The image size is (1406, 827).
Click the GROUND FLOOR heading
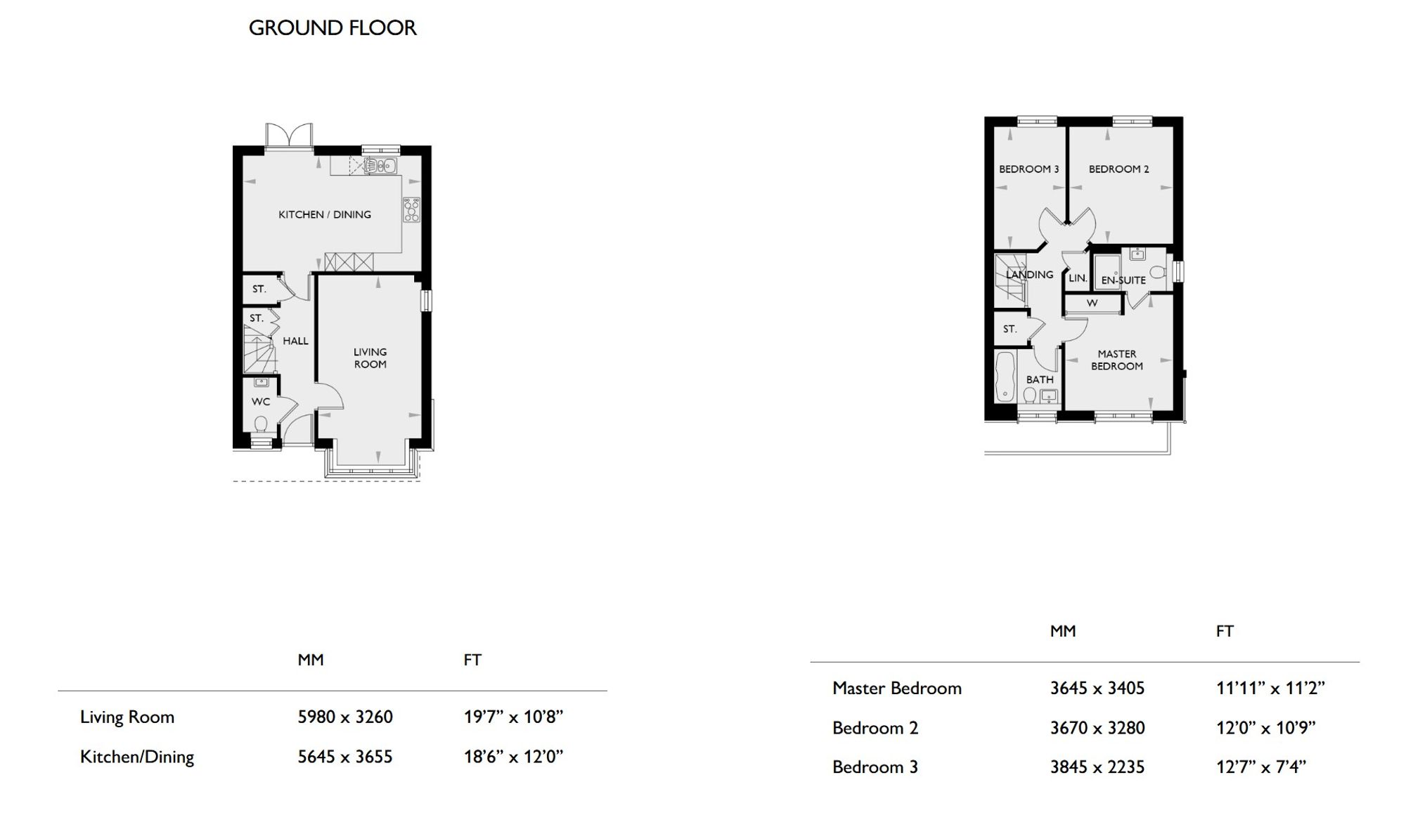(x=333, y=28)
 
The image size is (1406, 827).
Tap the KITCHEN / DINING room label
(x=325, y=214)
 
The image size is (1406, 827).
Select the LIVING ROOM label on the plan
(x=370, y=358)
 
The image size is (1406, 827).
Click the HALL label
(x=295, y=341)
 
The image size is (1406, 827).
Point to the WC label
(x=261, y=402)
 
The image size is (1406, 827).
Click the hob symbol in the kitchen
(x=411, y=210)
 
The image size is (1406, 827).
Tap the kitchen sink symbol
(x=380, y=166)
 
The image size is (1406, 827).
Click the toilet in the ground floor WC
(x=261, y=424)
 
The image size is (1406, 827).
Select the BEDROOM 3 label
(x=1029, y=169)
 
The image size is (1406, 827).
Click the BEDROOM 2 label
(x=1119, y=169)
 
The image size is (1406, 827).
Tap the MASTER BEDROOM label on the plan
(x=1117, y=360)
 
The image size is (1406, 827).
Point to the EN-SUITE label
(x=1123, y=280)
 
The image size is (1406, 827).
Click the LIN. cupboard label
(x=1078, y=278)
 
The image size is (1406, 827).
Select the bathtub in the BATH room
(x=1005, y=377)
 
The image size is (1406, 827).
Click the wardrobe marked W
(x=1092, y=304)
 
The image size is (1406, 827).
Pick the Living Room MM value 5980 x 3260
(x=345, y=717)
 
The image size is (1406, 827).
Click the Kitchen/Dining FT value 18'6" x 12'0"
(x=514, y=757)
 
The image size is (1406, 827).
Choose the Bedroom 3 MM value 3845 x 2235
(x=1097, y=767)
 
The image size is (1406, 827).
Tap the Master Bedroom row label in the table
(x=897, y=688)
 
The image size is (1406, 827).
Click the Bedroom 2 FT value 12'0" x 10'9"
(x=1266, y=728)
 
